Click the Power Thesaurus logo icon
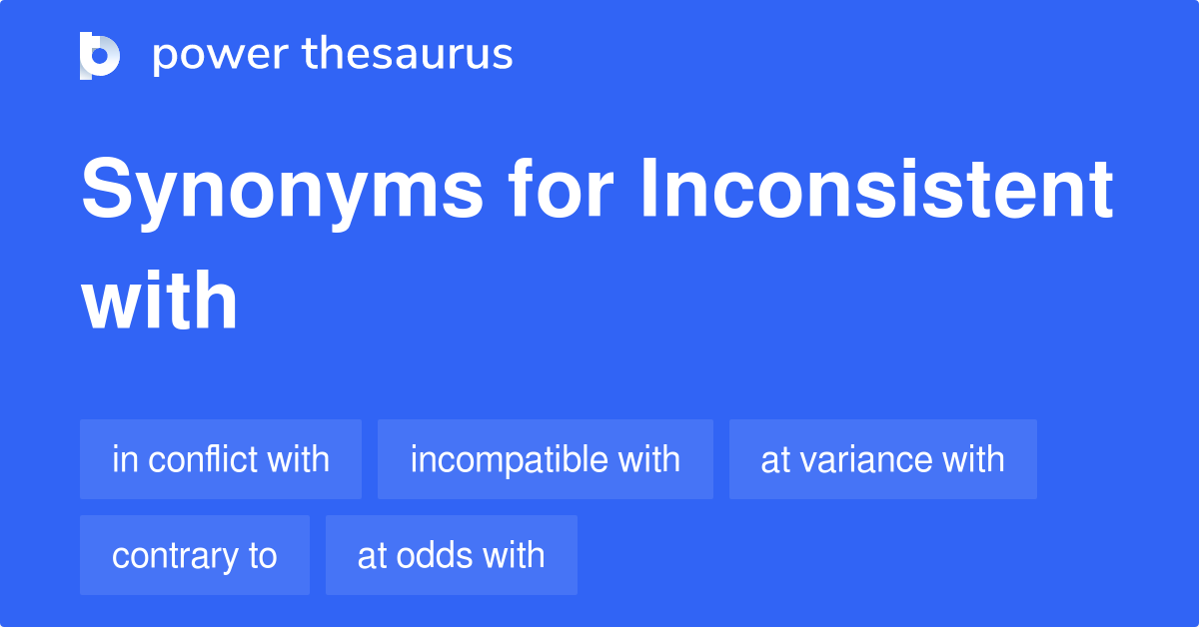pyautogui.click(x=100, y=55)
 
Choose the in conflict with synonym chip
pyautogui.click(x=221, y=459)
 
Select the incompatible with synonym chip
pyautogui.click(x=545, y=459)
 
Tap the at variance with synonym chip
pyautogui.click(x=882, y=459)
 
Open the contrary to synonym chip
pyautogui.click(x=195, y=555)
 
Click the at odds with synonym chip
pyautogui.click(x=451, y=555)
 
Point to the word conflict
pyautogui.click(x=200, y=459)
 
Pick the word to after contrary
pyautogui.click(x=262, y=555)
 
